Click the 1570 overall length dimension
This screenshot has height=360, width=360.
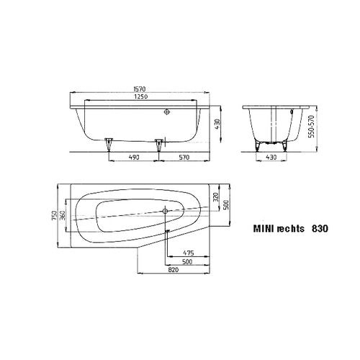pyautogui.click(x=140, y=89)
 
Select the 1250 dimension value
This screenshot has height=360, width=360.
pyautogui.click(x=141, y=96)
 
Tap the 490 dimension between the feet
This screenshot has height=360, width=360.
pyautogui.click(x=134, y=158)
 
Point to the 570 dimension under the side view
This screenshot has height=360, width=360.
pyautogui.click(x=184, y=158)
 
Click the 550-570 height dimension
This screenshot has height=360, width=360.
pyautogui.click(x=311, y=127)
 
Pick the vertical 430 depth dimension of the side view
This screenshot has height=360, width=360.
pyautogui.click(x=217, y=124)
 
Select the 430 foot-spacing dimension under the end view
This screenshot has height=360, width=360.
pyautogui.click(x=271, y=158)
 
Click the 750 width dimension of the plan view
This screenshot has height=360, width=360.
pyautogui.click(x=55, y=215)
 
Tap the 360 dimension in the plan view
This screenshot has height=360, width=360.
pyautogui.click(x=62, y=215)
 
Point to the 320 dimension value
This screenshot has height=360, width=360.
pyautogui.click(x=216, y=197)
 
